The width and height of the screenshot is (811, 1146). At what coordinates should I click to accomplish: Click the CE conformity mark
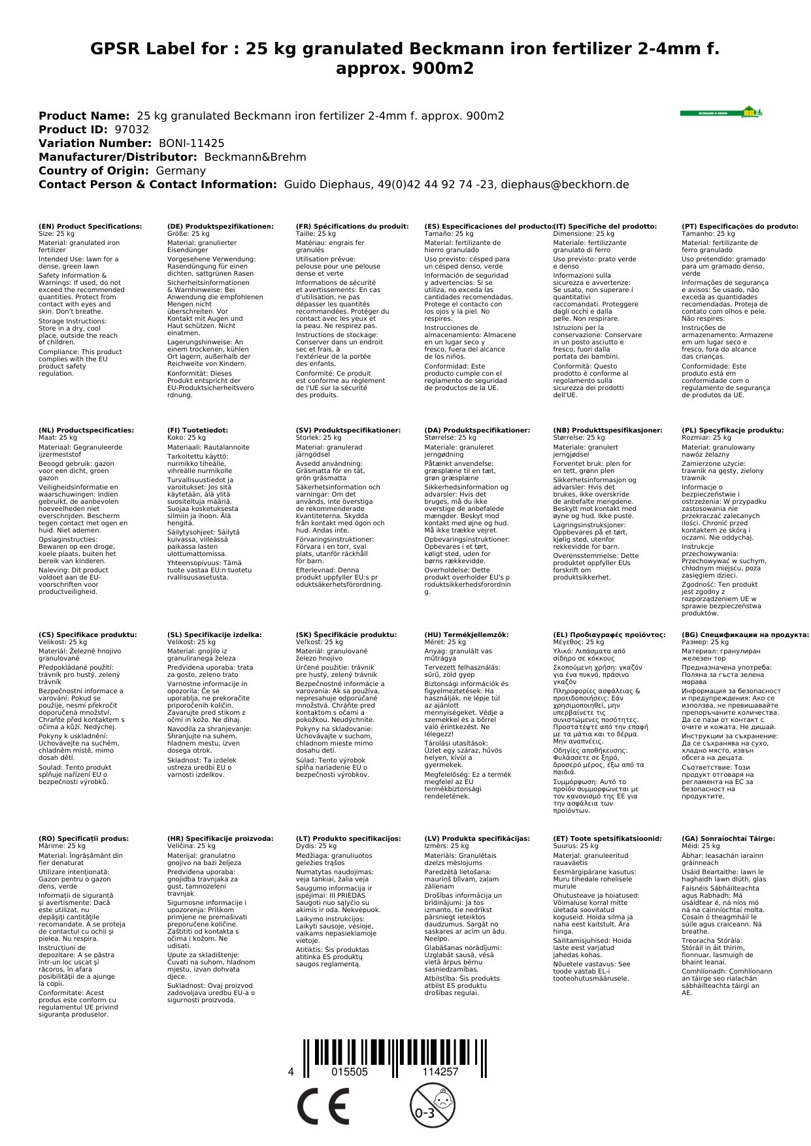pos(322,1107)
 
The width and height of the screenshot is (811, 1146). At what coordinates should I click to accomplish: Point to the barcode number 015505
pos(350,1072)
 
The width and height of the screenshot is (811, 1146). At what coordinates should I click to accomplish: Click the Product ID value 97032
pos(131,129)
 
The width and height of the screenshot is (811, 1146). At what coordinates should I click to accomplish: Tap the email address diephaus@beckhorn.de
pos(565,184)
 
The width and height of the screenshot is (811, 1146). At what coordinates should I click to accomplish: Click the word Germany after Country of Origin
pos(180,171)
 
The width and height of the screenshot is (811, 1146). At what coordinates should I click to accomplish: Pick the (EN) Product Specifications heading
pos(90,227)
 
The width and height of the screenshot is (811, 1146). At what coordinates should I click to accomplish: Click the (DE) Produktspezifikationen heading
pos(220,227)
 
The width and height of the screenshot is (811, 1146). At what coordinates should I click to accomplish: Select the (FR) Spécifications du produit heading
pos(352,227)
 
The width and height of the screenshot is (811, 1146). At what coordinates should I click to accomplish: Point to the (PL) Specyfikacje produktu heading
pos(733,431)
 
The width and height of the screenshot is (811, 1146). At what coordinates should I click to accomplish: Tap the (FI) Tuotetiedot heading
pos(197,431)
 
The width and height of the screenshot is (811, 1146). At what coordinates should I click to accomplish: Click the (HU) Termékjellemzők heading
pos(466,634)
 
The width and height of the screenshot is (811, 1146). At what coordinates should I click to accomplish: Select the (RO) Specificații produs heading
pos(84,838)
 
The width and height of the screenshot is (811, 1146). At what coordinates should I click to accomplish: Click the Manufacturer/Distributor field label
pos(118,157)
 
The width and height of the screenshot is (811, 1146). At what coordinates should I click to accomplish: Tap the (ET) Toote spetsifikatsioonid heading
pos(607,838)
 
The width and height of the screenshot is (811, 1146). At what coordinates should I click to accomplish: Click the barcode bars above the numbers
pos(394,1052)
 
